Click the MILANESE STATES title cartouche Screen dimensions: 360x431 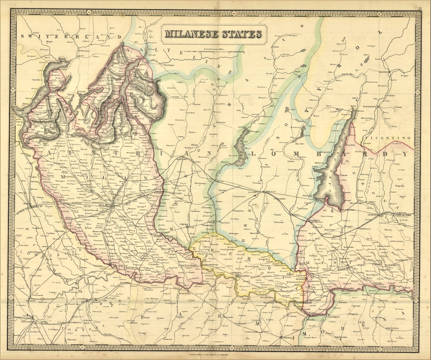[213, 34]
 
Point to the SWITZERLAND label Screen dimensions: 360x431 [65, 37]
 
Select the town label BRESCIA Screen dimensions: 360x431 [271, 192]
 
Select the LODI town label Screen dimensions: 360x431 [157, 236]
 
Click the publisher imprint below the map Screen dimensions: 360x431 [215, 355]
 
